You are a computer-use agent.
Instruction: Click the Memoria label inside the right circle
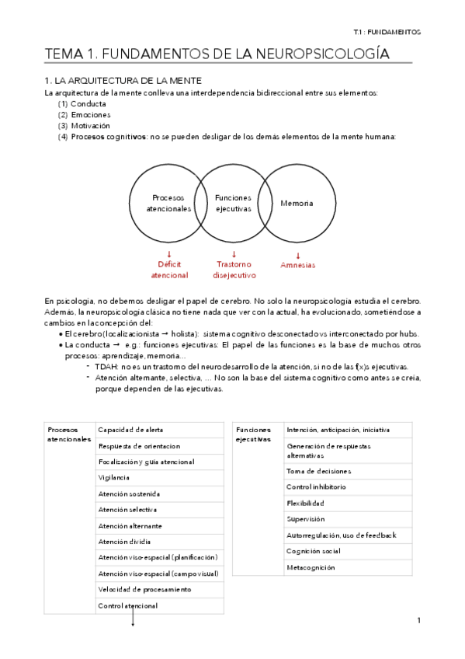click(297, 203)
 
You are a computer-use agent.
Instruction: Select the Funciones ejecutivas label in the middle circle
click(233, 204)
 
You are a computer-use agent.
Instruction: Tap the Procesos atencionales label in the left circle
click(168, 204)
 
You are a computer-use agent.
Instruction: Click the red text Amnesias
click(297, 265)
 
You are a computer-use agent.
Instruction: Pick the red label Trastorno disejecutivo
click(233, 269)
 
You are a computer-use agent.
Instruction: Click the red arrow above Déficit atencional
click(168, 254)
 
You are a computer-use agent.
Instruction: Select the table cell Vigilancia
click(114, 477)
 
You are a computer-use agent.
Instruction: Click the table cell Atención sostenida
click(129, 493)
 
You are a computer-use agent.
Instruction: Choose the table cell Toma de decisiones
click(319, 471)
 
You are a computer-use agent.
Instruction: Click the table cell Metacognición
click(311, 567)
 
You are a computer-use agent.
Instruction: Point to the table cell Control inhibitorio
click(317, 486)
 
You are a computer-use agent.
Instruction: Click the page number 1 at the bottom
click(418, 620)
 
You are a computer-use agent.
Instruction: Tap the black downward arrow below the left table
click(133, 619)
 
